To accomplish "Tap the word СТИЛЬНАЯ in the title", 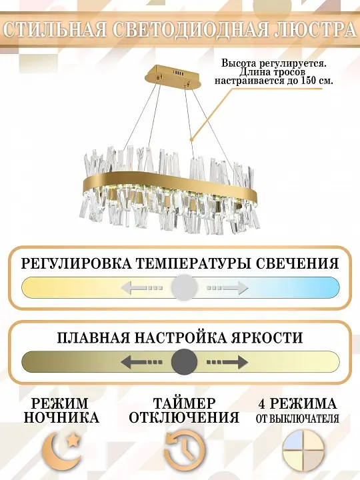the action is pyautogui.click(x=55, y=30).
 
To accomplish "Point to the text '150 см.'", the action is pyautogui.click(x=317, y=81).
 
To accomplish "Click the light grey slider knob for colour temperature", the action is pyautogui.click(x=184, y=288).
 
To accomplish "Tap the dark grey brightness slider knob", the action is pyautogui.click(x=184, y=361).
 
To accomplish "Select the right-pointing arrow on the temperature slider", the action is pyautogui.click(x=227, y=288).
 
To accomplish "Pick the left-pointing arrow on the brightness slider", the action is pyautogui.click(x=141, y=362).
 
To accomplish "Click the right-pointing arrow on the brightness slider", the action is pyautogui.click(x=227, y=362).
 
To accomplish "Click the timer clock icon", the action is pyautogui.click(x=185, y=450).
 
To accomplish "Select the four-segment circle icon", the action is pyautogui.click(x=303, y=450).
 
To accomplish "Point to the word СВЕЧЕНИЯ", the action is pyautogui.click(x=297, y=263).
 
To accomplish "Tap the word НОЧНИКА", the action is pyautogui.click(x=61, y=417).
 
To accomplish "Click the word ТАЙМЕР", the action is pyautogui.click(x=184, y=403).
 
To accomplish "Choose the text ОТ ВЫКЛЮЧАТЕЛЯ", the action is pyautogui.click(x=297, y=419).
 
